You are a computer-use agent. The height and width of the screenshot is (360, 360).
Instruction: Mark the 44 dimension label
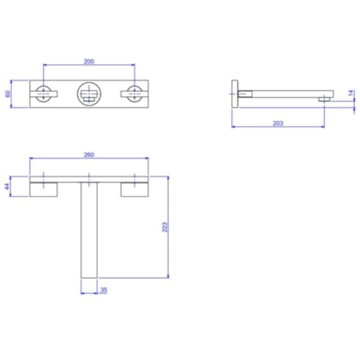click(8, 187)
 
